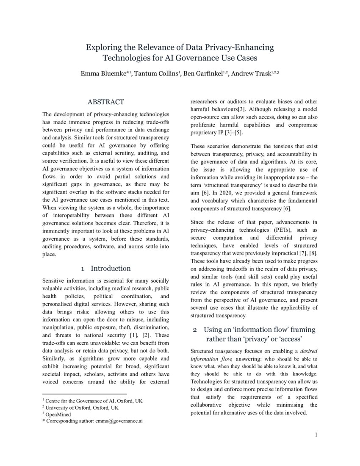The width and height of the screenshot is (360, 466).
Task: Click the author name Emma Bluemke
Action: pyautogui.click(x=105, y=74)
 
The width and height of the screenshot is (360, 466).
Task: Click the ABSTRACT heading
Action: pyautogui.click(x=106, y=102)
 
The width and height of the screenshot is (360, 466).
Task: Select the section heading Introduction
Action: pyautogui.click(x=111, y=268)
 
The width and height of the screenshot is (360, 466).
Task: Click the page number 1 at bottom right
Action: pyautogui.click(x=316, y=435)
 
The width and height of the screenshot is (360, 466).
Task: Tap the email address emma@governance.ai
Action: pyautogui.click(x=120, y=421)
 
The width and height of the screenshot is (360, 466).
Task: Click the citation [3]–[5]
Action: pyautogui.click(x=230, y=133)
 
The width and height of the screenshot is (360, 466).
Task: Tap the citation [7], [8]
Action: pyautogui.click(x=305, y=253)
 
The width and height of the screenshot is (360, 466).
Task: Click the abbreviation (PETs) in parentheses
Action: pyautogui.click(x=273, y=230)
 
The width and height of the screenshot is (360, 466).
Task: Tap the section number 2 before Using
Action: pyautogui.click(x=195, y=330)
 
